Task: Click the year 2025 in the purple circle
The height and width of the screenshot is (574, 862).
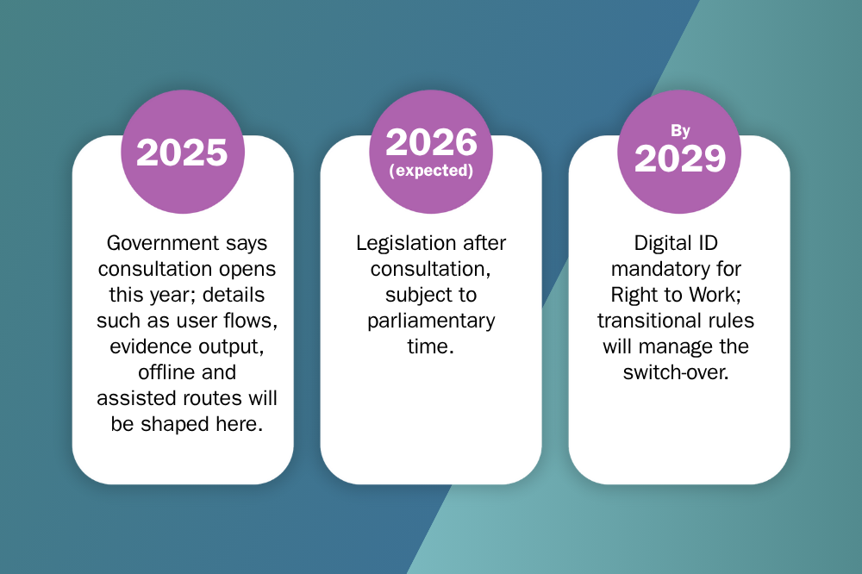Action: pos(182,153)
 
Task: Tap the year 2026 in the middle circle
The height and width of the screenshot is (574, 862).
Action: pos(432,142)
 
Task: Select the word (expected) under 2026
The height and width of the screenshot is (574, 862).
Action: pos(431,171)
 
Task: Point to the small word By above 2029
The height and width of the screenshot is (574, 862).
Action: pos(680,131)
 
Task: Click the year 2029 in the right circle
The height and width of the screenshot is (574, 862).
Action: pos(680,159)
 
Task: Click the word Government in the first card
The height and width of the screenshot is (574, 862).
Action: pos(155,243)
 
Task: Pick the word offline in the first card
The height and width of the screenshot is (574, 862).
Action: pos(160,372)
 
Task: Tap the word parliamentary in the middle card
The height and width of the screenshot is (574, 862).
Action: pos(431,321)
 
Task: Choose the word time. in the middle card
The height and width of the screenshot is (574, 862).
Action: pos(430,346)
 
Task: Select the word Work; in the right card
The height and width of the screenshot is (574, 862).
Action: pos(715,295)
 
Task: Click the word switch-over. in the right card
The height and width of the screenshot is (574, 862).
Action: pos(676,372)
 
